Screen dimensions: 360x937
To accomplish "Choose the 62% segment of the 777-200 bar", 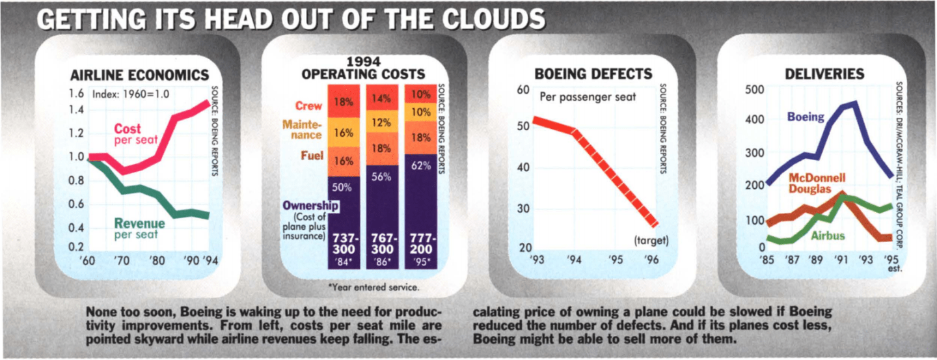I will pyautogui.click(x=420, y=166).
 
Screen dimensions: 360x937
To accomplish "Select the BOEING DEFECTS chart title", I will pyautogui.click(x=593, y=74).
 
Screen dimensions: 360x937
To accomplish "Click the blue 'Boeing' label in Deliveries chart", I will pyautogui.click(x=806, y=117).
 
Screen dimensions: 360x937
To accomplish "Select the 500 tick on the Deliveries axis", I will pyautogui.click(x=755, y=89).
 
